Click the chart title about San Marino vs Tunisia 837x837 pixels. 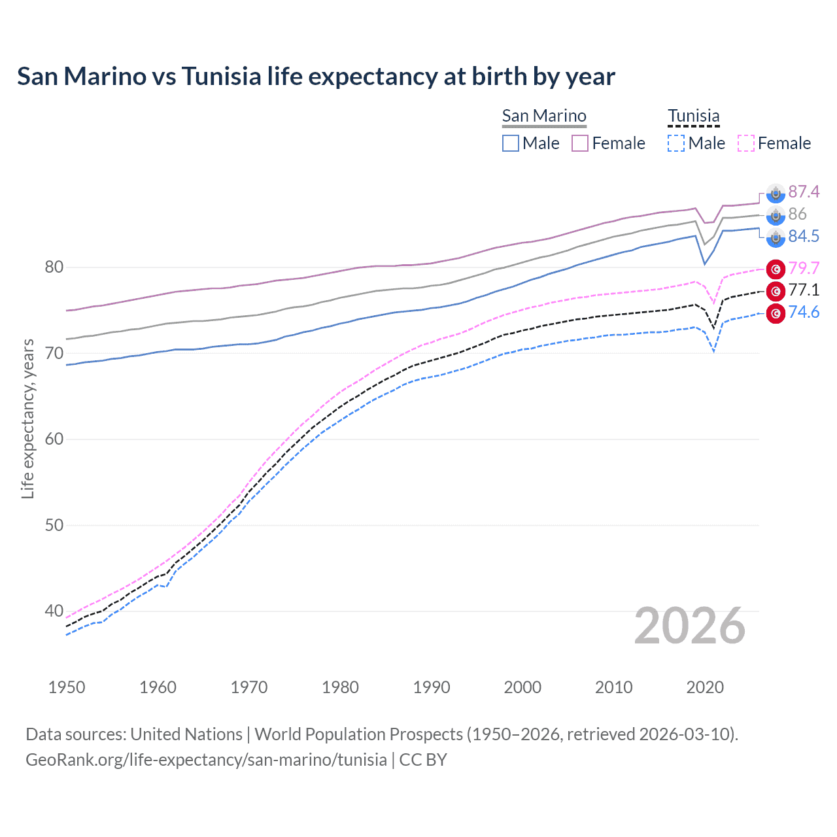(x=316, y=77)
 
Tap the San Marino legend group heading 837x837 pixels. (x=544, y=116)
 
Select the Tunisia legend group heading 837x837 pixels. (x=693, y=116)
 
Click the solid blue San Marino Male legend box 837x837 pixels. (x=511, y=143)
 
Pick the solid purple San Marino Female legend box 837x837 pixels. (x=580, y=143)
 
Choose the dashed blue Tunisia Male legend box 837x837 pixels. (x=676, y=143)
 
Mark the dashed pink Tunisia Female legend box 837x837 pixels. (x=746, y=143)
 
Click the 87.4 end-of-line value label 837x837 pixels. (x=804, y=192)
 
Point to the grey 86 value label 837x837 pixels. (x=797, y=214)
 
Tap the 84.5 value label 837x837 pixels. (x=804, y=236)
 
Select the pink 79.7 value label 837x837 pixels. (x=804, y=268)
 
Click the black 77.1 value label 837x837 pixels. (x=804, y=290)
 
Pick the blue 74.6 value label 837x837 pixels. (x=804, y=312)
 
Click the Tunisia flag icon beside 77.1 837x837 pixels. (x=776, y=291)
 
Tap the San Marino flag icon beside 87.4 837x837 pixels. (x=776, y=193)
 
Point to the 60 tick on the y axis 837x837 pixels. (x=54, y=439)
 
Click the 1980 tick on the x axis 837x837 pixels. (x=340, y=687)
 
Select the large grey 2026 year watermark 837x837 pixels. (x=689, y=626)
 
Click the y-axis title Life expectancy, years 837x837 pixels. (x=27, y=418)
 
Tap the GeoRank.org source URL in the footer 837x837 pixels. (x=206, y=759)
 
